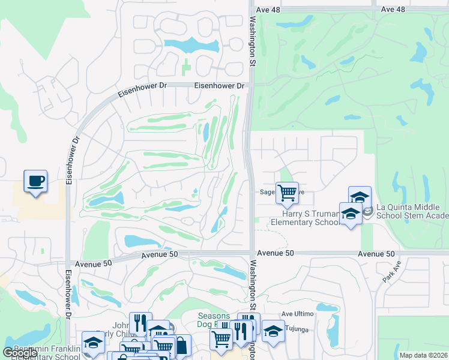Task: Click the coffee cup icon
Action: click(35, 181)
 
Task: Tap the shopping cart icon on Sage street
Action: click(288, 193)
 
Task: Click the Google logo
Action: click(20, 353)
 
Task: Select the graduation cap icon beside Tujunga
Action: click(273, 332)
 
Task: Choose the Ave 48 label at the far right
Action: click(393, 9)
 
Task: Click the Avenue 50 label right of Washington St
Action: click(277, 254)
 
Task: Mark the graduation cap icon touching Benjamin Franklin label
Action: click(93, 343)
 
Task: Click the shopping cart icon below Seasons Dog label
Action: click(221, 340)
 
